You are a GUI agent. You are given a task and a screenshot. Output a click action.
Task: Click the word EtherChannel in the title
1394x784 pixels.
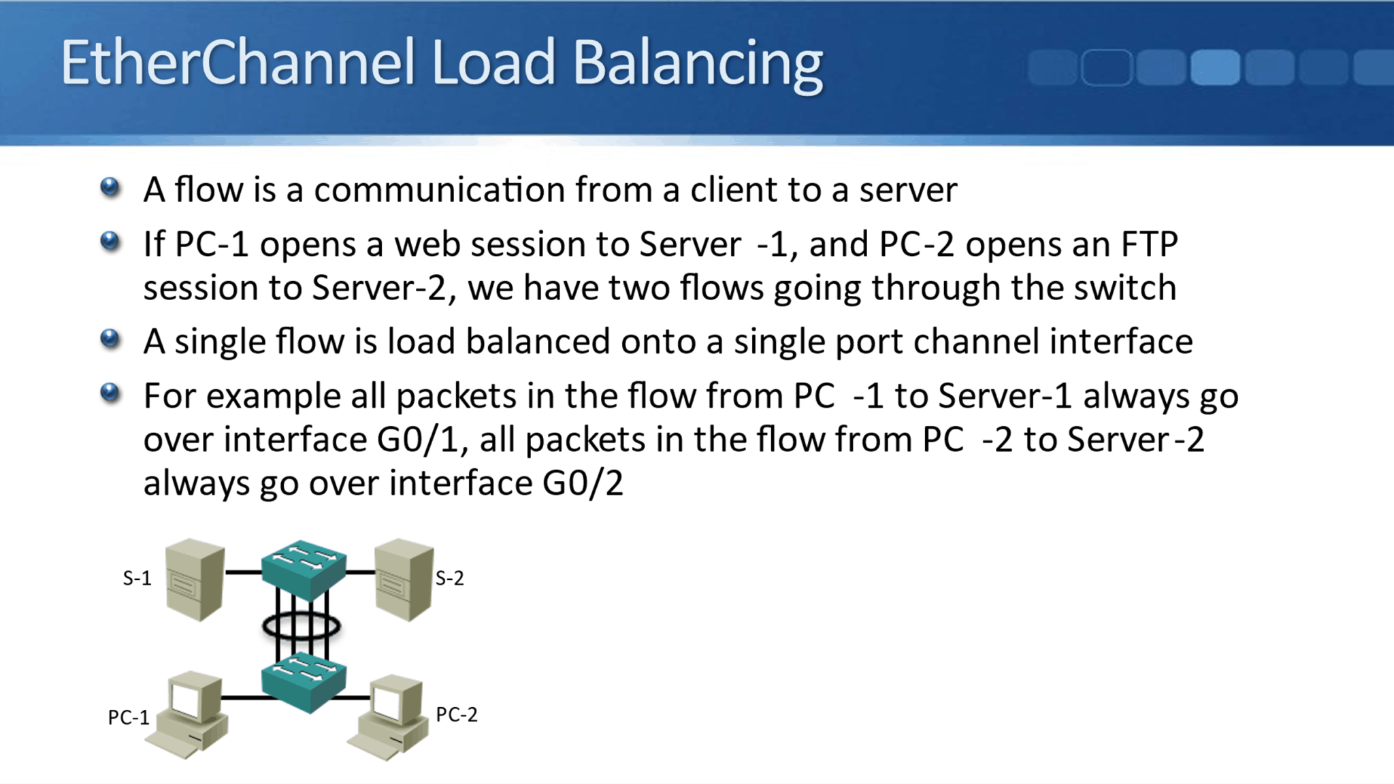(237, 63)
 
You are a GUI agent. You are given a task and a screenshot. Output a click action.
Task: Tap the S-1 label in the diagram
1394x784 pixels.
(137, 578)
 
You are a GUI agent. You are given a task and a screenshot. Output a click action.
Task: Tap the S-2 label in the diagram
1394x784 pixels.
(449, 578)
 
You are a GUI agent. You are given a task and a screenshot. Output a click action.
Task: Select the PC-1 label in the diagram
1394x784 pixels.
(128, 717)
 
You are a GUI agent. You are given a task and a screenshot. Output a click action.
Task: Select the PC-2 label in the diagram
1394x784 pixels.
(456, 715)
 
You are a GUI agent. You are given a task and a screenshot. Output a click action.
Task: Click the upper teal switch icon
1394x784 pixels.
(304, 569)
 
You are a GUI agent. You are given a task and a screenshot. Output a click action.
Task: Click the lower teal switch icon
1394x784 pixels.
(304, 681)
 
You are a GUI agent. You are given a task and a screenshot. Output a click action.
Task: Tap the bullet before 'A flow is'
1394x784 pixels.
(110, 187)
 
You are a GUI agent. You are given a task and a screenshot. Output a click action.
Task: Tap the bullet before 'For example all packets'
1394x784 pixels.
(110, 393)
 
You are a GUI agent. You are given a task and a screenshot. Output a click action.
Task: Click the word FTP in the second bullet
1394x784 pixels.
(1150, 244)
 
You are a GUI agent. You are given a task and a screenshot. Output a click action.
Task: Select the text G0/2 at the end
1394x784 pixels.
(583, 483)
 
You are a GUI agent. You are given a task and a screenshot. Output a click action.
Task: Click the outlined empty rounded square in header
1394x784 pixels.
(1106, 67)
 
